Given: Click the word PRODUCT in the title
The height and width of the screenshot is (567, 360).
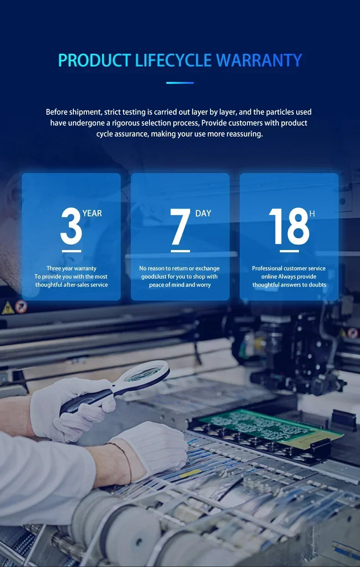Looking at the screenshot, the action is tap(94, 60).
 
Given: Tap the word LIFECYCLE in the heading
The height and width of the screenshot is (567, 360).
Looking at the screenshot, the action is tap(173, 60).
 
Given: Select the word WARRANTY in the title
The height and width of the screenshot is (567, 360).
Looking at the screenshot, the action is tap(259, 60).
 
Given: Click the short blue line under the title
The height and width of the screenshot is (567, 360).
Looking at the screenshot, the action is tap(180, 83).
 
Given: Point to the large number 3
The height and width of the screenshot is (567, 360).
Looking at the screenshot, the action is tap(71, 226).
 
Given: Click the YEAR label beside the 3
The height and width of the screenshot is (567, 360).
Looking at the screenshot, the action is tap(92, 214).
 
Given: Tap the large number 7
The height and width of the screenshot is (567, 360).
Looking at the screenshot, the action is tap(180, 226).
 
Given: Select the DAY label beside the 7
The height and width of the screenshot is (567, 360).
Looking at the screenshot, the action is tap(203, 214).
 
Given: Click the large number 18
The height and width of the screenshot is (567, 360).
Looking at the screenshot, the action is tap(289, 226).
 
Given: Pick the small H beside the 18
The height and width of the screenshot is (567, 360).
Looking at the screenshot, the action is tap(312, 214).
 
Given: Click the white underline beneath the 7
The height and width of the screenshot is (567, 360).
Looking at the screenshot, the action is tap(180, 251).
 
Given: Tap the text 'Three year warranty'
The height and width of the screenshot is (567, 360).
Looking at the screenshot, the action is tap(72, 268).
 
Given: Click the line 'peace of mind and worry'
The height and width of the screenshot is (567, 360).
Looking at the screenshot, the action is tap(180, 285).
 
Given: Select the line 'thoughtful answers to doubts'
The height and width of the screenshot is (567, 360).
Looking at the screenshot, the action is tap(289, 285).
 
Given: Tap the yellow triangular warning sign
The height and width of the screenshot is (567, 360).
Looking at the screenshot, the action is tap(8, 308).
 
